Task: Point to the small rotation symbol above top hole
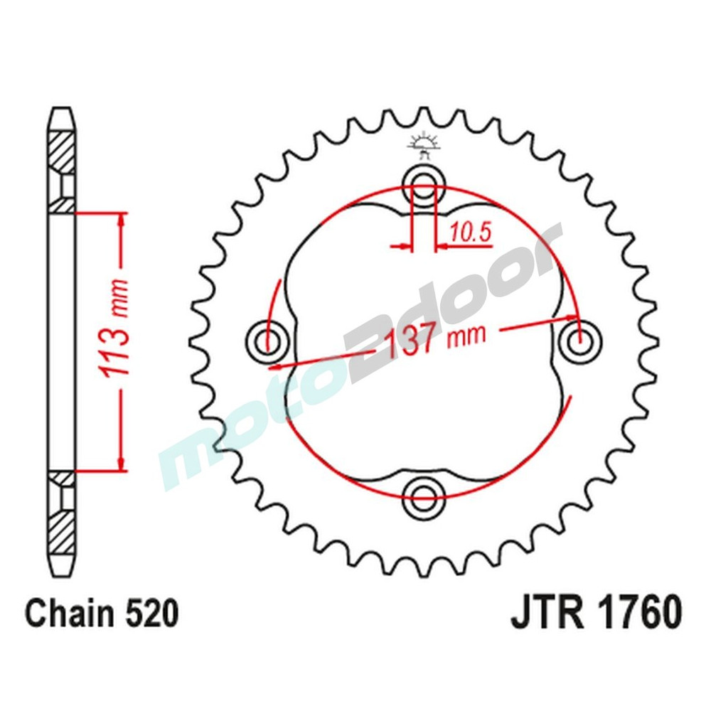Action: point(422,145)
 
